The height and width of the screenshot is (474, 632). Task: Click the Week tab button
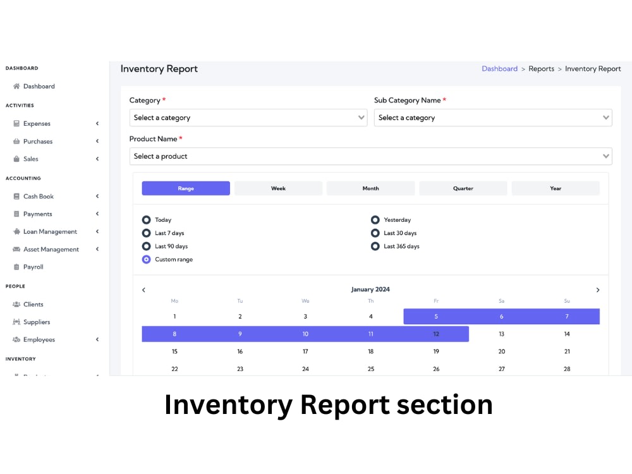point(278,188)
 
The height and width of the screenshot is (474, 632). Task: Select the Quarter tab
point(463,188)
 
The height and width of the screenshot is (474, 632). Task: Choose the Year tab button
point(556,188)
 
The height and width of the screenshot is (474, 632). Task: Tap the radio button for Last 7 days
point(147,233)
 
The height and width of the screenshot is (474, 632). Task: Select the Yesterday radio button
point(375,220)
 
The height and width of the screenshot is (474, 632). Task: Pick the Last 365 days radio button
point(375,246)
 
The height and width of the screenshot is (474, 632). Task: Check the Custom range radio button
point(147,259)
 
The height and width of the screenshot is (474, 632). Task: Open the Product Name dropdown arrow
point(606,156)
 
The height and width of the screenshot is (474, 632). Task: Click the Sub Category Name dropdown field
point(493,118)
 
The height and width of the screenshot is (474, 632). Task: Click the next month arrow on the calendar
point(598,290)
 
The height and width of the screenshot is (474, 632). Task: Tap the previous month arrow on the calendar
point(144,290)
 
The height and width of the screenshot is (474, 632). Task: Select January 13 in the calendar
point(501,334)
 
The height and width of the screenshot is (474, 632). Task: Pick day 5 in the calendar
point(436,317)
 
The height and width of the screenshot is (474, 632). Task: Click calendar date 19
point(436,351)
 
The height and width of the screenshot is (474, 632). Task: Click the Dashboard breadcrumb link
point(499,68)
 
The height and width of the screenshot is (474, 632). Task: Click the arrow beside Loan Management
point(97,231)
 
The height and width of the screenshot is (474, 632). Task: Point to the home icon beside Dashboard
point(16,86)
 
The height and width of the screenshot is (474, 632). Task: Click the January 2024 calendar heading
point(370,289)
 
